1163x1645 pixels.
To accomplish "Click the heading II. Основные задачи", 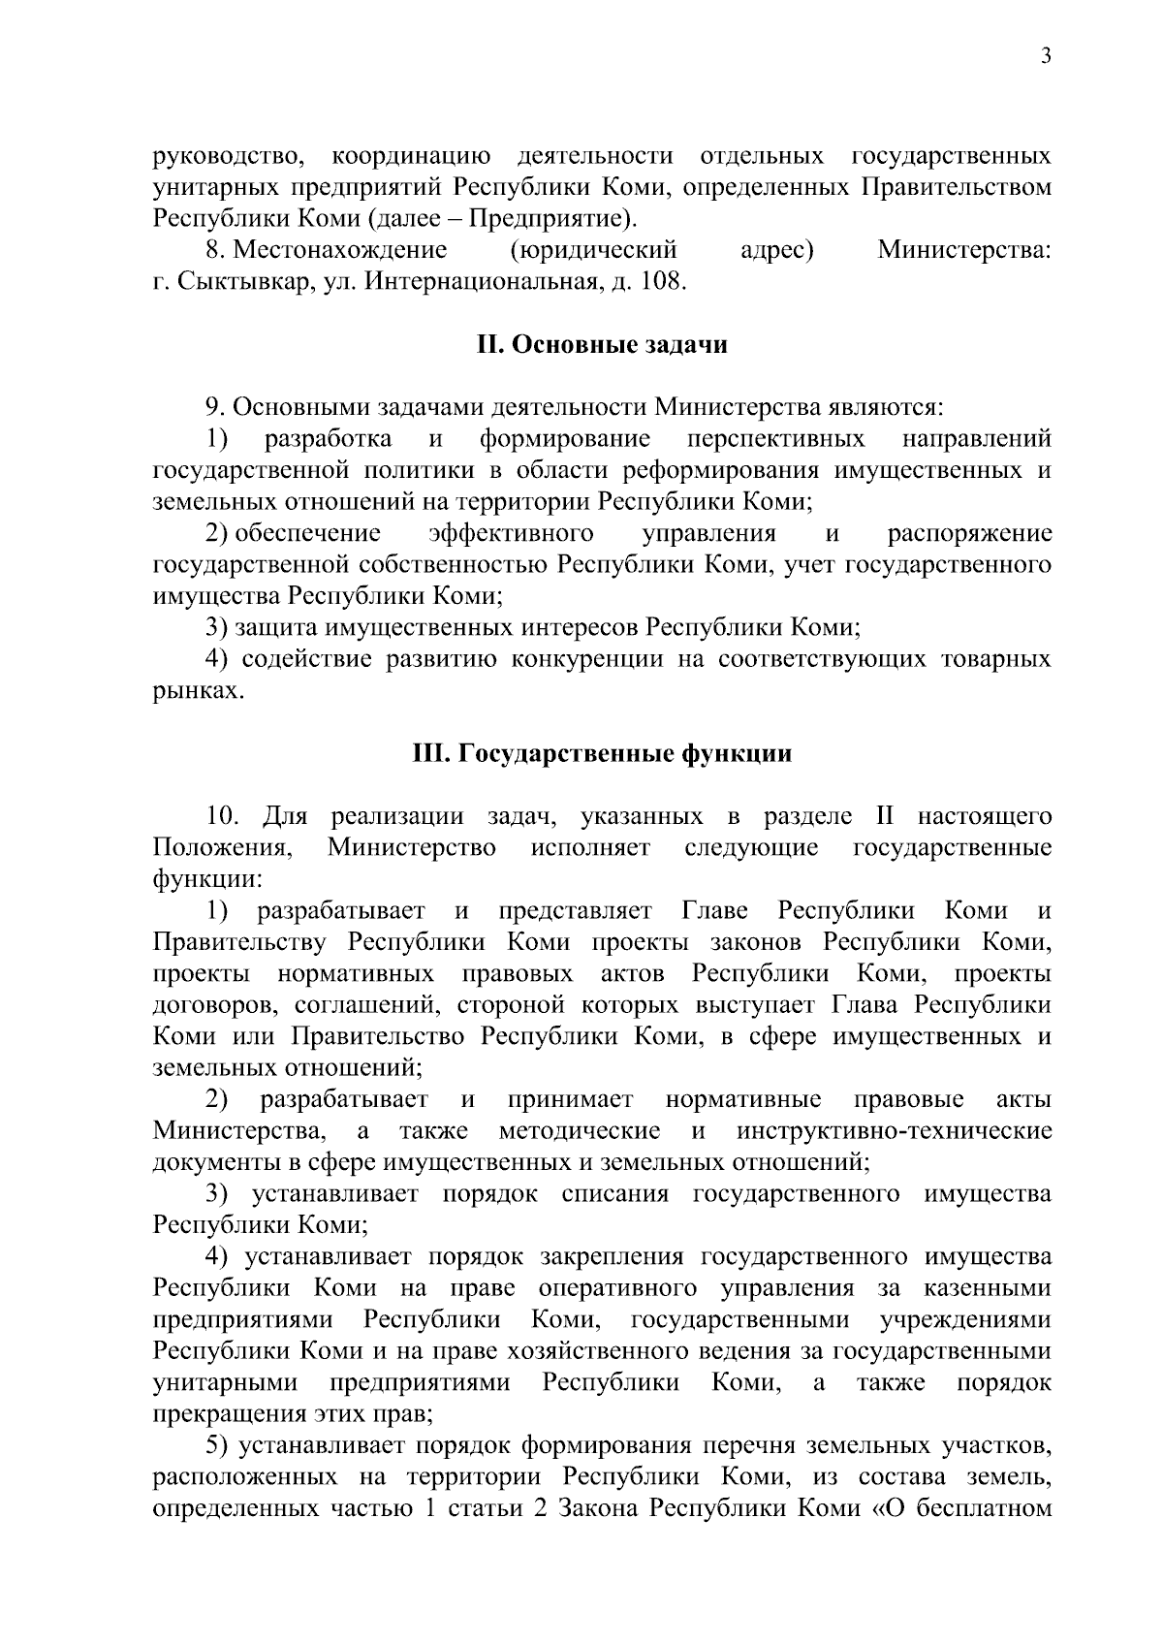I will tap(601, 345).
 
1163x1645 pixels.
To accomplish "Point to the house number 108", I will tap(665, 282).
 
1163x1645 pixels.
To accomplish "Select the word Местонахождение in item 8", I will tap(340, 250).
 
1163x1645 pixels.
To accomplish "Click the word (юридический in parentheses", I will tap(592, 250).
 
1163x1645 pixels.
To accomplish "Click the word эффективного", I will tap(511, 533).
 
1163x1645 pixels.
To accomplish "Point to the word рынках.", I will tap(198, 691).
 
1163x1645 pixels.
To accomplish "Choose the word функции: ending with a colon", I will tap(206, 879).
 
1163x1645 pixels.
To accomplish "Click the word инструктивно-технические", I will tap(894, 1130).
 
